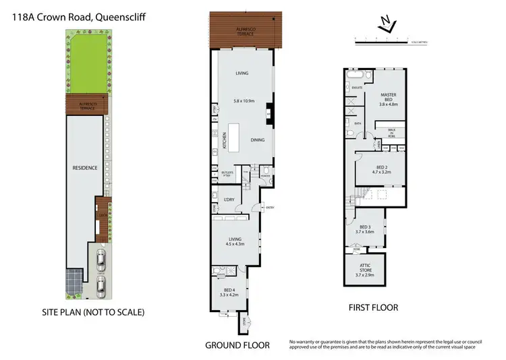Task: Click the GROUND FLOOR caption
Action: pos(237,345)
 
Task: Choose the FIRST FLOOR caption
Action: pos(372,307)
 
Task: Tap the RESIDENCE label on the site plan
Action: pos(86,167)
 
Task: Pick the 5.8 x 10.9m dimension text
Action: pos(244,101)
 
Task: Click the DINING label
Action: pos(257,140)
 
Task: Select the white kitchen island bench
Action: pos(235,138)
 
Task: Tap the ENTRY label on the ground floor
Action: pos(270,208)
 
